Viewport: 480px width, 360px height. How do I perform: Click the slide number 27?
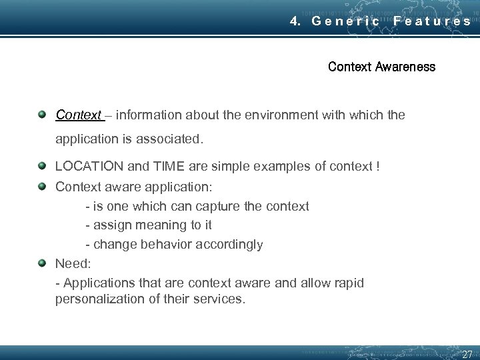coord(467,354)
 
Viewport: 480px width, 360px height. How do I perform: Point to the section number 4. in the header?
coord(296,21)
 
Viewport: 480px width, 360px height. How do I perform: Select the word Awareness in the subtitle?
coord(405,67)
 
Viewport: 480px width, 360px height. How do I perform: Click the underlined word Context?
coord(78,115)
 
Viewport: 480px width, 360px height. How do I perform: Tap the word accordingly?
coord(229,245)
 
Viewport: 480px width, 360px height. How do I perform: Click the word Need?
coord(72,263)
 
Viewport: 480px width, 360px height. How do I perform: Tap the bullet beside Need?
coord(42,263)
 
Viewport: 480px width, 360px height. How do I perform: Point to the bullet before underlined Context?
coord(42,114)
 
